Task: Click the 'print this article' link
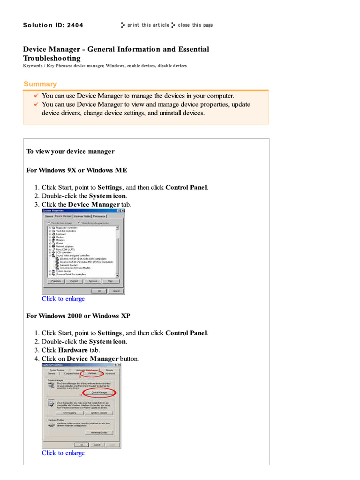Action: [148, 25]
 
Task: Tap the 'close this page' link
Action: [195, 25]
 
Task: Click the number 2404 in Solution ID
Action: [75, 25]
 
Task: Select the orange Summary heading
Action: [40, 84]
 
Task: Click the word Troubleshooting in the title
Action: [52, 58]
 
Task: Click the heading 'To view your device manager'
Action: [70, 151]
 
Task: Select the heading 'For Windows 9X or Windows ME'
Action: [76, 170]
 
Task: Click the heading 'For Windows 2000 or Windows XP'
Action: [78, 316]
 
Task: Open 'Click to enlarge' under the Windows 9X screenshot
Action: [63, 299]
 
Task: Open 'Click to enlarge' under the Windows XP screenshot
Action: [63, 453]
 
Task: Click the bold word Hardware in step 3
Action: [73, 350]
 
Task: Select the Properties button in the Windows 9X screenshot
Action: [56, 281]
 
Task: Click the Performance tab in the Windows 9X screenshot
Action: [99, 216]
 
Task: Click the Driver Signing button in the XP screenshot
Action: [69, 412]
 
